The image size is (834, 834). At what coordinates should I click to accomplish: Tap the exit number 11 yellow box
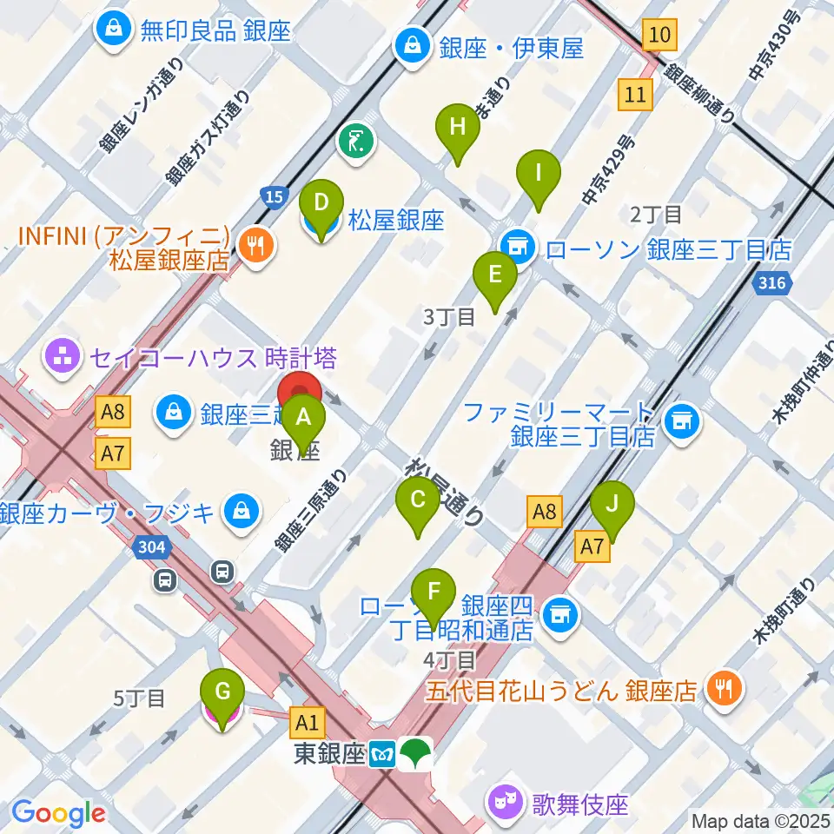[x=636, y=94]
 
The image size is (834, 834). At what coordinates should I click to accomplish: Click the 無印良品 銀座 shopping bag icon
[x=115, y=29]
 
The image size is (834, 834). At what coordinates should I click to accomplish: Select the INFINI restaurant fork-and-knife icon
[x=255, y=246]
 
